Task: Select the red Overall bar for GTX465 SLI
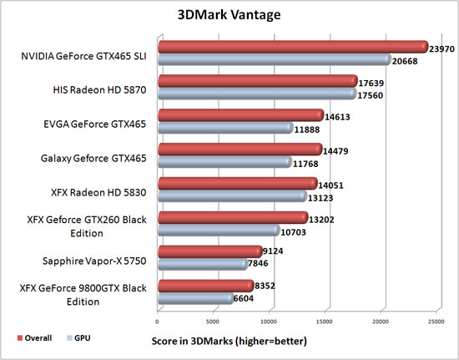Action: (292, 47)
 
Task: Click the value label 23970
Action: (446, 48)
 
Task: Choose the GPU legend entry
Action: (80, 338)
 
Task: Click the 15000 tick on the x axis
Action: (325, 319)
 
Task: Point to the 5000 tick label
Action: (214, 319)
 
